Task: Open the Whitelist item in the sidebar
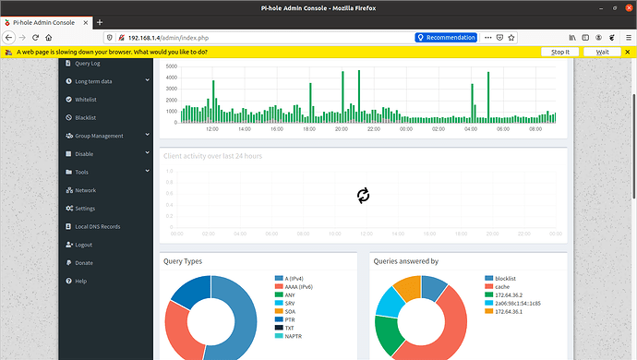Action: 86,100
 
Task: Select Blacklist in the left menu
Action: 85,117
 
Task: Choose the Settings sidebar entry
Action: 85,208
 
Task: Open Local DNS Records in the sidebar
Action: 97,226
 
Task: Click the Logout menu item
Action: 84,245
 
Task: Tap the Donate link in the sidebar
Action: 84,262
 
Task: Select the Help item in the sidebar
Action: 80,281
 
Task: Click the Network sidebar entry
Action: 85,190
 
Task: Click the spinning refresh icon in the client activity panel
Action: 363,195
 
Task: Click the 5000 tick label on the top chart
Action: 169,67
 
